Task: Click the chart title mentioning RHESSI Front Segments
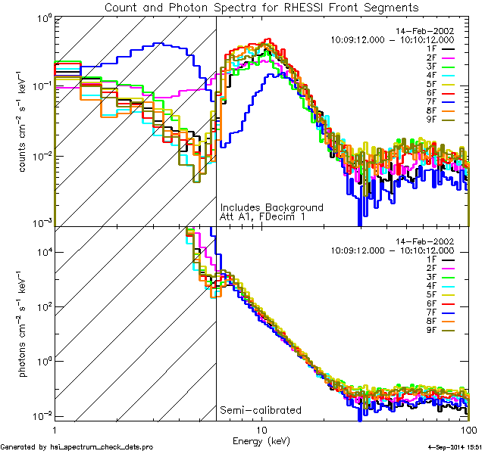tap(261, 7)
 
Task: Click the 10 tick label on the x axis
tap(262, 431)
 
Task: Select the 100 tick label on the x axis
tap(469, 431)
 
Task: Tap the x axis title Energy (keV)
tap(261, 441)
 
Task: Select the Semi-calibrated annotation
tap(260, 410)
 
